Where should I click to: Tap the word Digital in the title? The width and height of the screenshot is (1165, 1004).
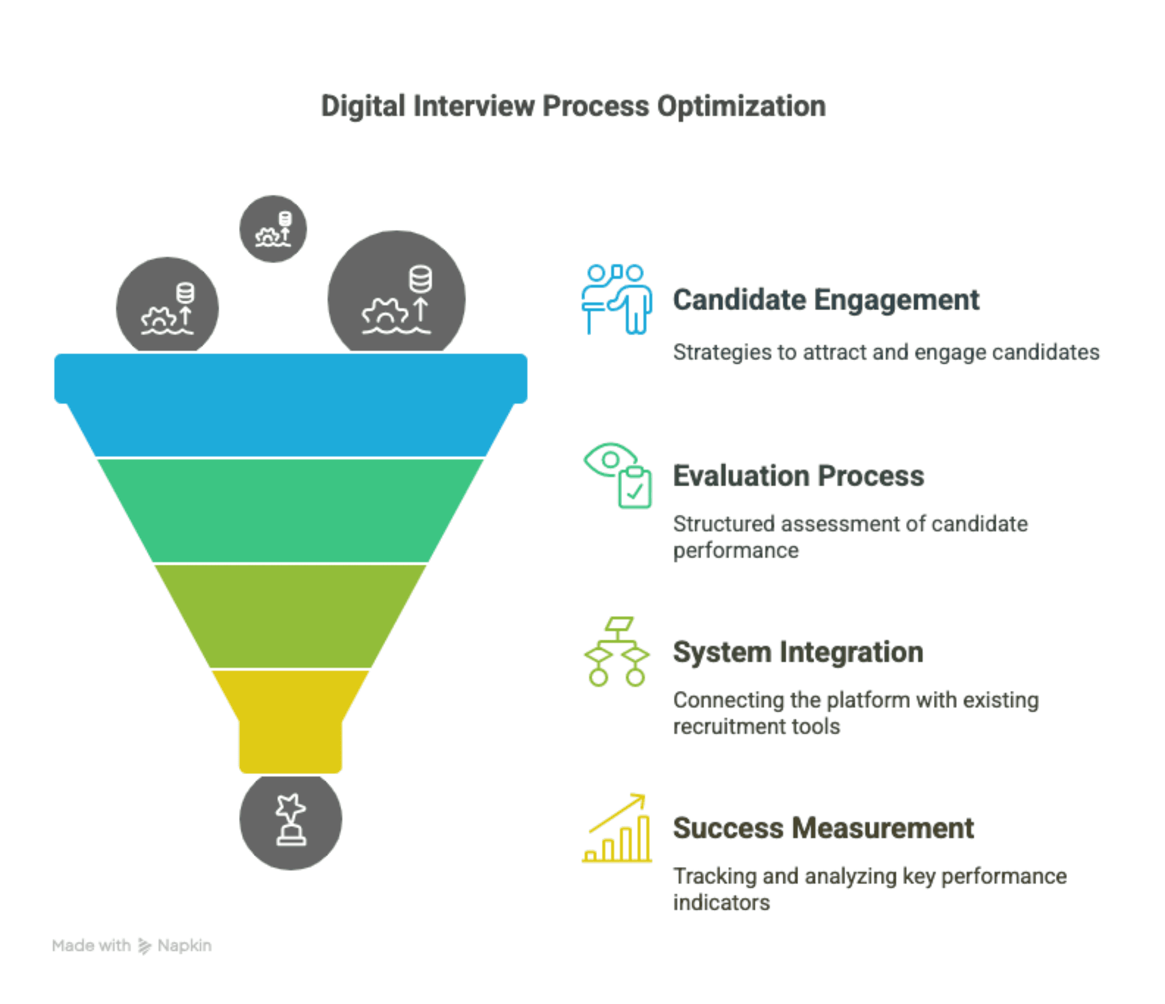(363, 107)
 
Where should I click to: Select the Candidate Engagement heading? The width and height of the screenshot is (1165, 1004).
(826, 299)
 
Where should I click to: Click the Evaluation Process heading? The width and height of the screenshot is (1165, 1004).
(798, 476)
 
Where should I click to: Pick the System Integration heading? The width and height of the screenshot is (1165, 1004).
(798, 652)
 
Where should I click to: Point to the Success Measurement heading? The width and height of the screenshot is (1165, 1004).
(823, 828)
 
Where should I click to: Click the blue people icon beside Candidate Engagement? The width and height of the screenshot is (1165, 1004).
(617, 299)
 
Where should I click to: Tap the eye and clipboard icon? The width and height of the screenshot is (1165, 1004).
(618, 475)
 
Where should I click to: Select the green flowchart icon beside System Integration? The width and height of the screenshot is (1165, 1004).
(617, 652)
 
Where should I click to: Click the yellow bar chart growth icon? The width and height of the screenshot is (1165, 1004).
(617, 828)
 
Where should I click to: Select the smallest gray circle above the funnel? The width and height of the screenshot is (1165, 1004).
(273, 228)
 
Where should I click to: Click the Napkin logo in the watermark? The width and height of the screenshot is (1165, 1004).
(144, 946)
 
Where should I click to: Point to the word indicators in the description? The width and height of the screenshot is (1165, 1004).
(721, 903)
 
